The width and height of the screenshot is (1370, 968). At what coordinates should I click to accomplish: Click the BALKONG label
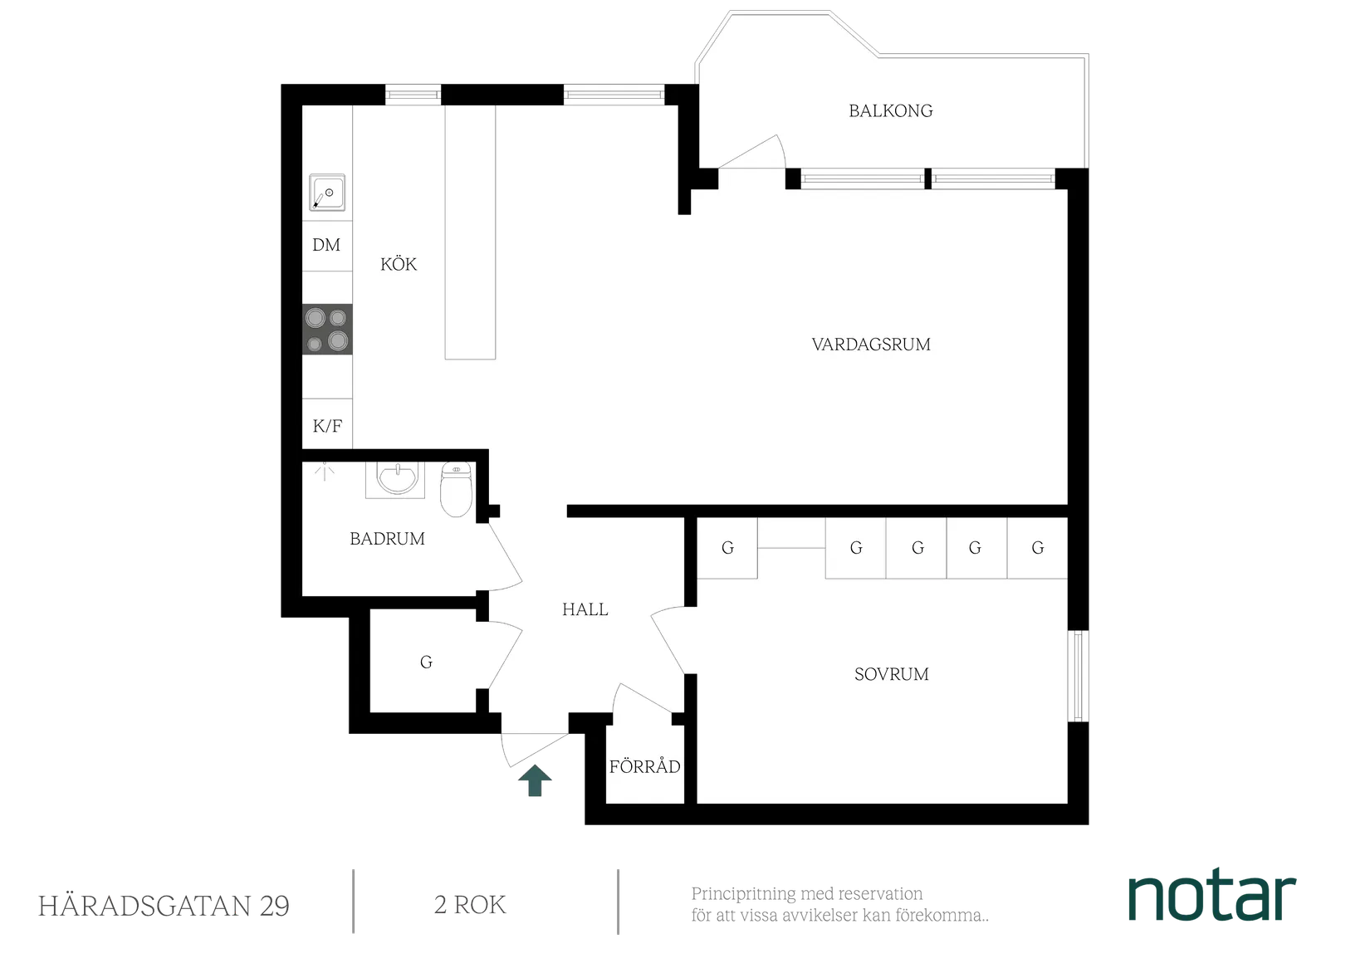(890, 110)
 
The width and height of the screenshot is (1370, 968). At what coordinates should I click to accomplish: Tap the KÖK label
(399, 265)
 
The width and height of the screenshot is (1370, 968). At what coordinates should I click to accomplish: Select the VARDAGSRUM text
(871, 345)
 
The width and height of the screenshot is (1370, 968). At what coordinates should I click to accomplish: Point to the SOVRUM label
(891, 674)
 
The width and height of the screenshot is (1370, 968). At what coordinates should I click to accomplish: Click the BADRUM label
(387, 539)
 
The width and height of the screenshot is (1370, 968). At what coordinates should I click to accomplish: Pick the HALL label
(585, 610)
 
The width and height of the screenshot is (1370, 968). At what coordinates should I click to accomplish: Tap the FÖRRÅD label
(644, 766)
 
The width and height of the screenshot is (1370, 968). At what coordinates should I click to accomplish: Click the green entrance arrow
(536, 782)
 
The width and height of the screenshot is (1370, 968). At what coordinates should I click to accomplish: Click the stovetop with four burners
(327, 330)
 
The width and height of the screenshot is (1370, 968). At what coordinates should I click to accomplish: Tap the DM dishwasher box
(326, 245)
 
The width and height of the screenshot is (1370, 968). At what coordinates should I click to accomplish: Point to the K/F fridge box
(327, 427)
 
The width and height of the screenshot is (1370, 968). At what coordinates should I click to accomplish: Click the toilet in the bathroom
(455, 489)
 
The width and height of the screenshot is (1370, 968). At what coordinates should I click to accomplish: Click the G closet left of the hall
(426, 662)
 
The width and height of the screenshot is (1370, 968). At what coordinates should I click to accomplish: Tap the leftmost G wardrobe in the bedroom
(727, 548)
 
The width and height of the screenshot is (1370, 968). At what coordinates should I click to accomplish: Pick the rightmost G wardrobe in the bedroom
(1037, 548)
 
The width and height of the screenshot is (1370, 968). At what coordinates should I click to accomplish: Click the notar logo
(1212, 897)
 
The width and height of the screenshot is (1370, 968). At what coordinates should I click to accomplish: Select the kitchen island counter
(470, 232)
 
